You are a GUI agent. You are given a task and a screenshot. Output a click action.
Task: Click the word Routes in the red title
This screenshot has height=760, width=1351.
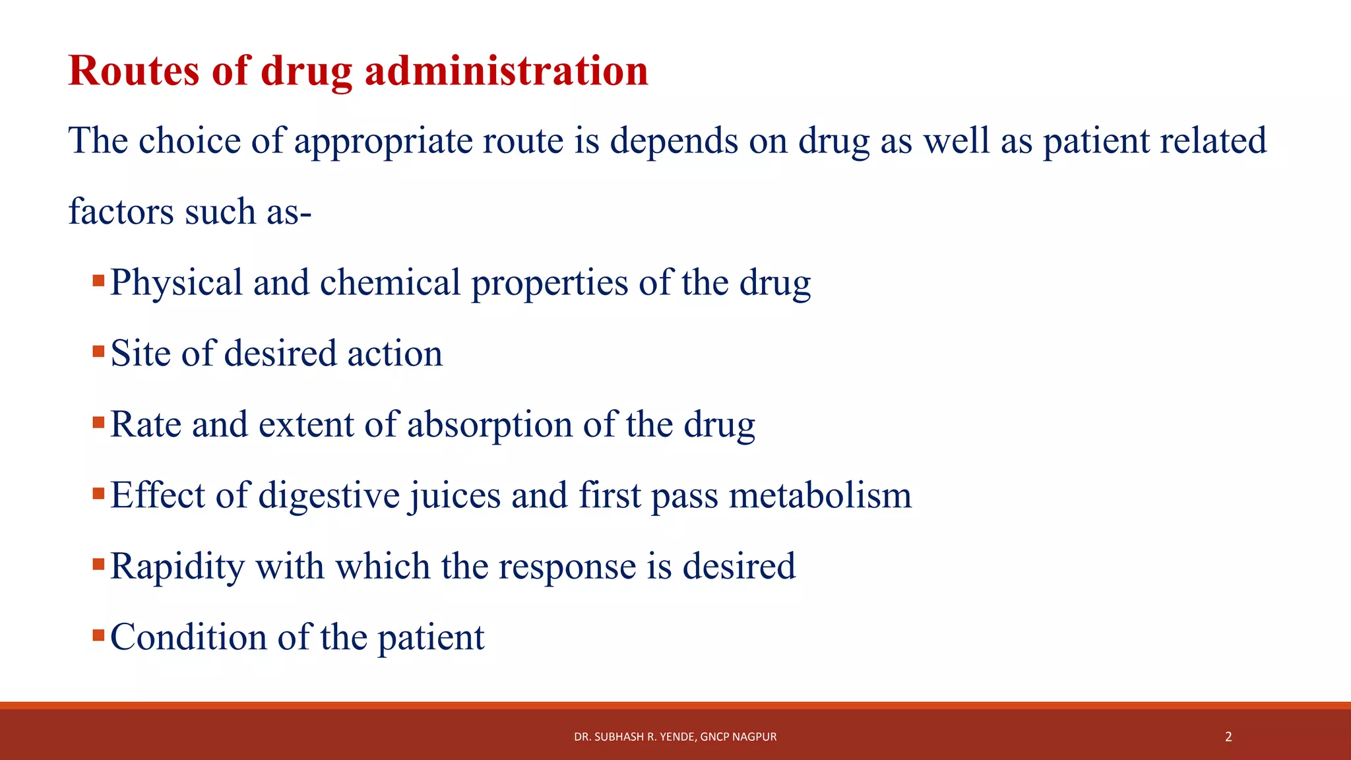134,71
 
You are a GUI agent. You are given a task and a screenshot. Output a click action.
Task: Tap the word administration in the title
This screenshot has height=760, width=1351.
506,71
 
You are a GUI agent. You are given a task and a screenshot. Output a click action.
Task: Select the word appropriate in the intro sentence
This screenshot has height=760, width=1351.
383,141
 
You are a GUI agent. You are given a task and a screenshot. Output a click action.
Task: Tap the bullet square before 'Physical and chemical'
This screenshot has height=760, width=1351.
99,280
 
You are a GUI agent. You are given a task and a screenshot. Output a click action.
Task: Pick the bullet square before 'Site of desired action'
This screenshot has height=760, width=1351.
99,351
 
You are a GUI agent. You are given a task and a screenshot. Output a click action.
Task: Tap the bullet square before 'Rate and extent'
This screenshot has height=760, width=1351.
99,422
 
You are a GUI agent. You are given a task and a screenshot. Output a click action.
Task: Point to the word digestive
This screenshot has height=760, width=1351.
329,495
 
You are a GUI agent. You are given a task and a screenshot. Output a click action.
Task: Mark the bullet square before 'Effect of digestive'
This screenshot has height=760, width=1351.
99,493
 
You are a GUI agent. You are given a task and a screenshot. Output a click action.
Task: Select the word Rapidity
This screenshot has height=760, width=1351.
177,567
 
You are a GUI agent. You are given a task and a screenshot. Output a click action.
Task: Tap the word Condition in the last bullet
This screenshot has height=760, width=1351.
188,637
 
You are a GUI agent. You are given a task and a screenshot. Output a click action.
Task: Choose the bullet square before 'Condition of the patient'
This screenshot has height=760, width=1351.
99,635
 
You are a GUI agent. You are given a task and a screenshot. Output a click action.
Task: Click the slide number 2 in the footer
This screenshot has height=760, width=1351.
1228,737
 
